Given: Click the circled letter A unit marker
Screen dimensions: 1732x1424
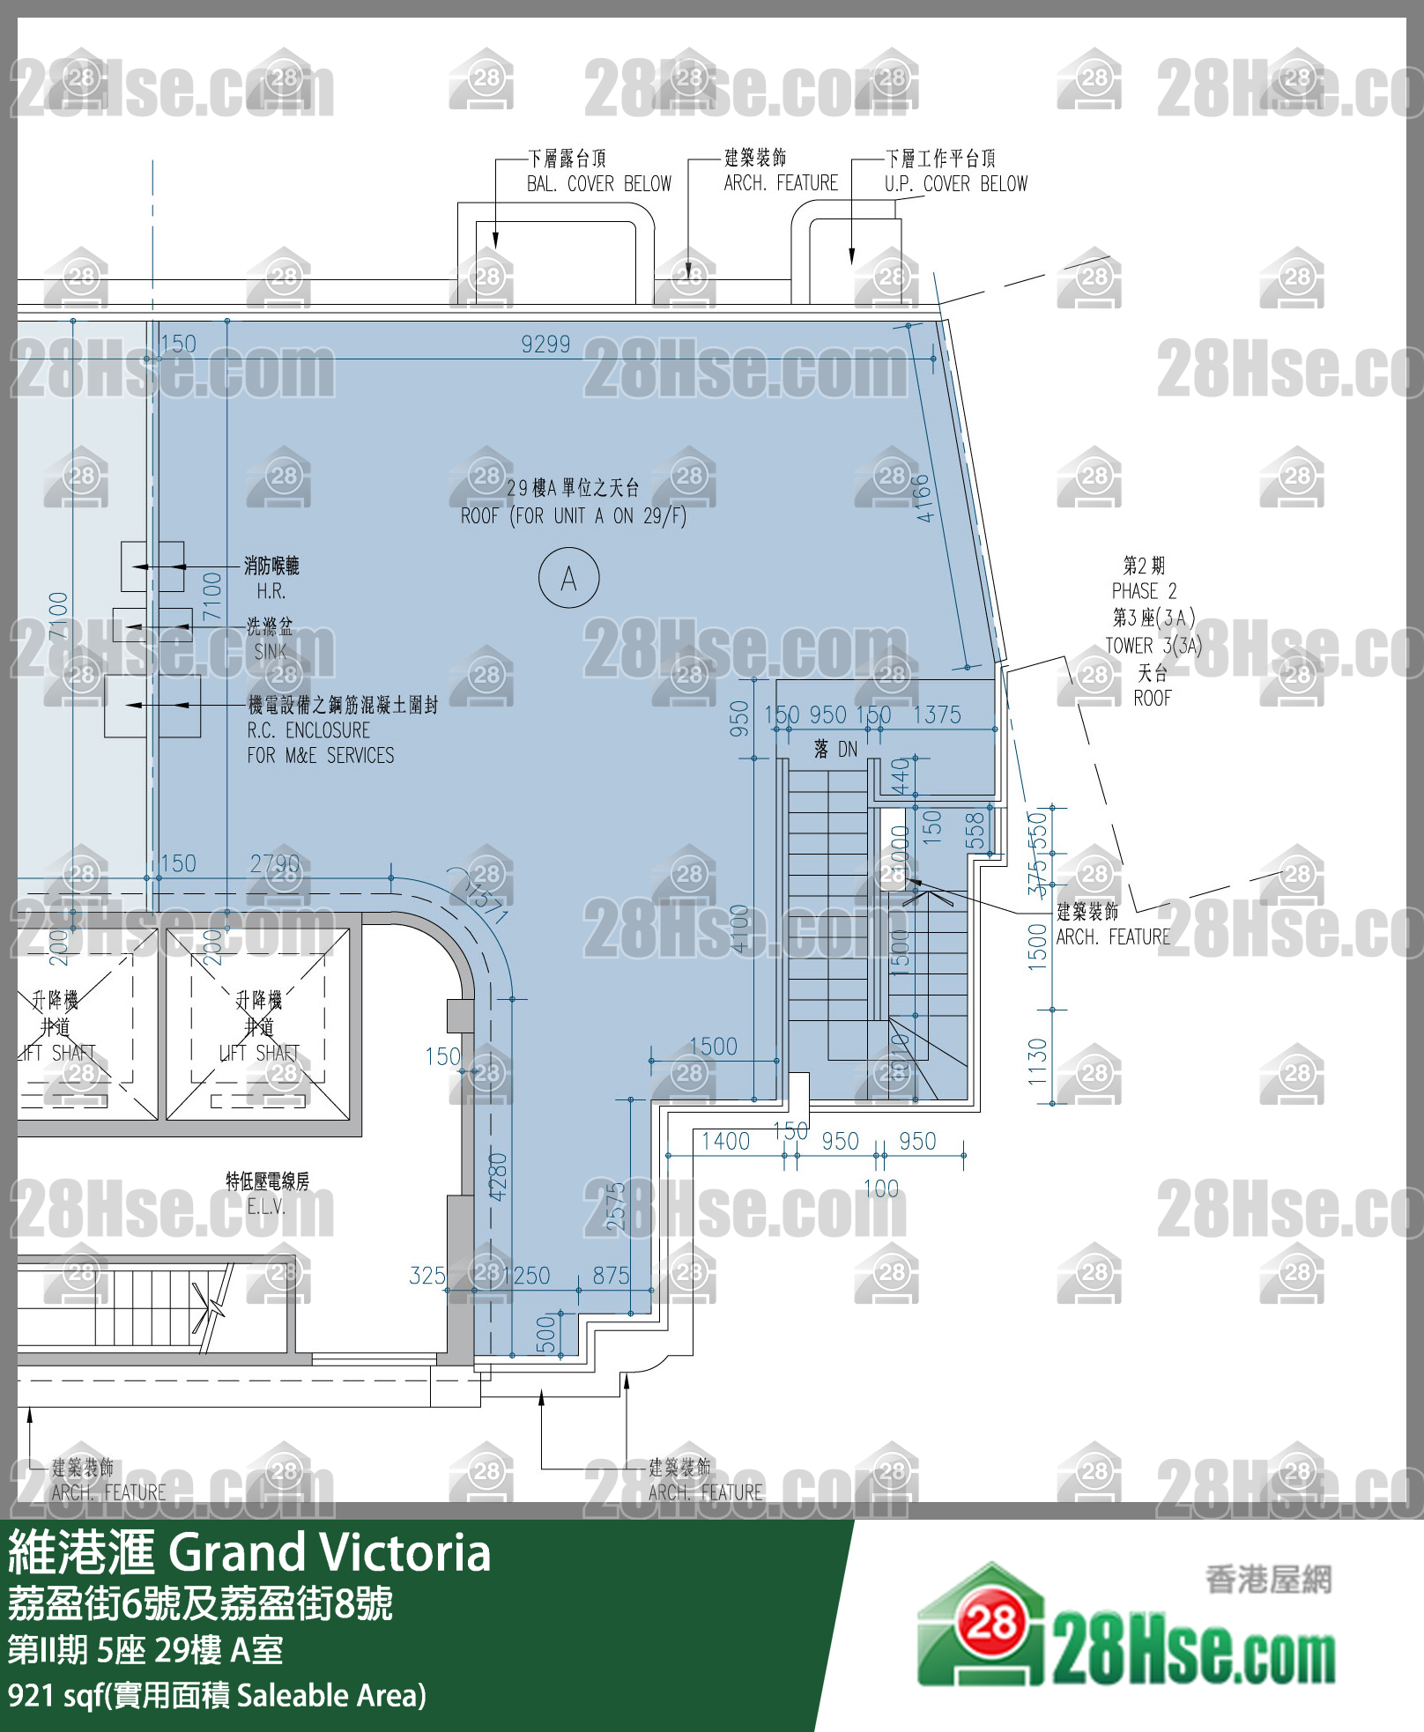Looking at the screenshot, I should (x=568, y=578).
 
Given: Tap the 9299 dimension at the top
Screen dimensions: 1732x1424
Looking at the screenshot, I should (x=545, y=344).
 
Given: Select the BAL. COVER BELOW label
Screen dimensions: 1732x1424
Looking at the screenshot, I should (x=598, y=184).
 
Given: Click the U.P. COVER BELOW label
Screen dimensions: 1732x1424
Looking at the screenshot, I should (x=955, y=184).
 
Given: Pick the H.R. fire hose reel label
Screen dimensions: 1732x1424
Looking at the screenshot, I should (x=271, y=591).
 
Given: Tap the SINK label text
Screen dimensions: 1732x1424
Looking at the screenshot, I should (x=270, y=652).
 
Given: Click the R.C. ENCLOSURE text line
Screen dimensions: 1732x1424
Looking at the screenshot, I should (x=308, y=730).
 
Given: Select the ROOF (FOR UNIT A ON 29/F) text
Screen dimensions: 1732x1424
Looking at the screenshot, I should (x=573, y=516).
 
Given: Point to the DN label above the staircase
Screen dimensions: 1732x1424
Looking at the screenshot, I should (x=847, y=750).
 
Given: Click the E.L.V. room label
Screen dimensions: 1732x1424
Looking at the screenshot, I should (x=266, y=1207).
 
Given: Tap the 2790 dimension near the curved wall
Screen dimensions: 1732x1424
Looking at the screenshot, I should (x=274, y=863).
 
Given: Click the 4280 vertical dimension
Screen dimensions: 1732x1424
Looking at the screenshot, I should (x=498, y=1176).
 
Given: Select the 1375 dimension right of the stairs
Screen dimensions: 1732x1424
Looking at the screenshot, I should (x=937, y=715).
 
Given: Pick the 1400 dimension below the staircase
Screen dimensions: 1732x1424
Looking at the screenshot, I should (x=725, y=1142).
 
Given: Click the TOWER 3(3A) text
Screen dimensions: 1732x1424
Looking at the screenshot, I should (x=1153, y=646).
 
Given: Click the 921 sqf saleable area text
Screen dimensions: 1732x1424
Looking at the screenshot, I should (x=216, y=1695).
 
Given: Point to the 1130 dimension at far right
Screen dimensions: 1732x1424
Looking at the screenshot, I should (x=1037, y=1060).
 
